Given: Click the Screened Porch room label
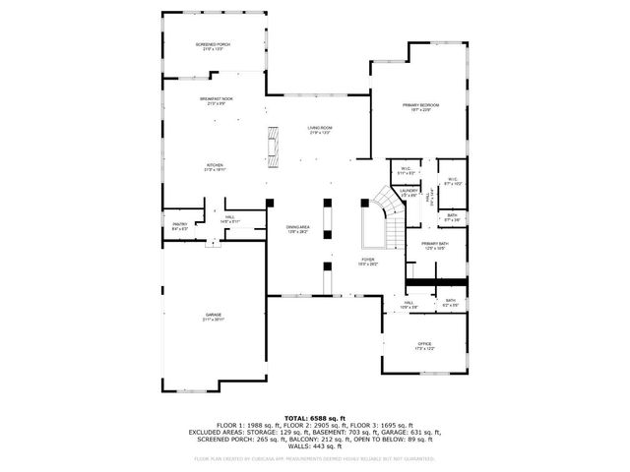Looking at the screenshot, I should tap(213, 46).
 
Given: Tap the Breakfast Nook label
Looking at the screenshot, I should tap(216, 100).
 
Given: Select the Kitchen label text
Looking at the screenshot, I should tap(215, 166).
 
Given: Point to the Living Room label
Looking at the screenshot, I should tap(320, 130).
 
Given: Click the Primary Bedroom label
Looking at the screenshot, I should tap(420, 106).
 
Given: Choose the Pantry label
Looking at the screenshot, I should tap(180, 225).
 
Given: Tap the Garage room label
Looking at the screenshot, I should tap(214, 317).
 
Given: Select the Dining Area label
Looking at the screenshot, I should tap(298, 230).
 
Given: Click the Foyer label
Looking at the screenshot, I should tap(367, 261).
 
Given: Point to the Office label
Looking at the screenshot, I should tap(425, 345).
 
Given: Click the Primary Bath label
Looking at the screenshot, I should tap(435, 246).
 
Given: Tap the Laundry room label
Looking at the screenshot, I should tap(409, 192).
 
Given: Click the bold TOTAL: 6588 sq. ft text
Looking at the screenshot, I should tap(314, 418).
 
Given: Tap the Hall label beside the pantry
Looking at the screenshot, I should tap(229, 219).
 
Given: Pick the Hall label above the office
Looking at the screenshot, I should tap(408, 304).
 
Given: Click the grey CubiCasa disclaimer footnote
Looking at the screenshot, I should tap(314, 458).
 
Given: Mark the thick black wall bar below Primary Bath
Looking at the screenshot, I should tap(437, 282).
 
